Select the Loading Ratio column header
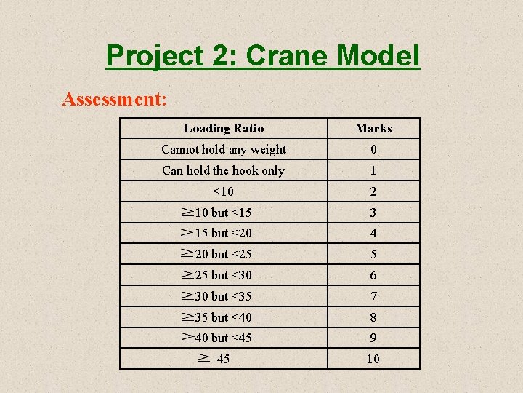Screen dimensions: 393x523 (224, 128)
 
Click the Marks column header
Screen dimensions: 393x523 (373, 128)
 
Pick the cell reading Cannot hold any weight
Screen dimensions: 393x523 (224, 149)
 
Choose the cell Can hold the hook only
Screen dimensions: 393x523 (224, 170)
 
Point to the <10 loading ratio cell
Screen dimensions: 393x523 (224, 191)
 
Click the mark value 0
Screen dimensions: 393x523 (373, 150)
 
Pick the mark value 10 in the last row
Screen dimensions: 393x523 (373, 359)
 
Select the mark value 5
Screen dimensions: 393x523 (373, 255)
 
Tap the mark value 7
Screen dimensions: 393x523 (373, 296)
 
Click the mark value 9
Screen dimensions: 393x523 (373, 338)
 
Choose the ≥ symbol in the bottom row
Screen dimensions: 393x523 (204, 358)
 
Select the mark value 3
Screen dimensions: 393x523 (373, 213)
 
